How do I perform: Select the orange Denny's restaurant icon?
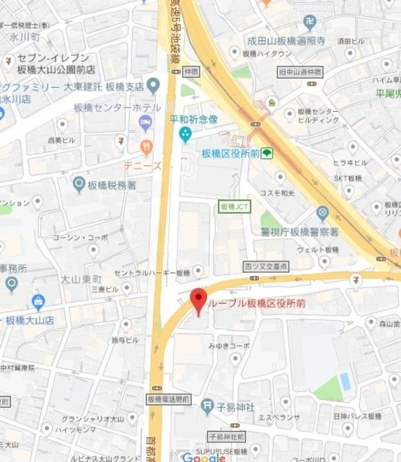[146, 148]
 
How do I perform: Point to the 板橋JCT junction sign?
[234, 206]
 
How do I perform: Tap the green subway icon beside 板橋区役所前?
[267, 153]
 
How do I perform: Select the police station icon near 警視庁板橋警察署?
[322, 214]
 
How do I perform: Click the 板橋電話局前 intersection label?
[167, 398]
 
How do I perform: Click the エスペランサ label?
[274, 417]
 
